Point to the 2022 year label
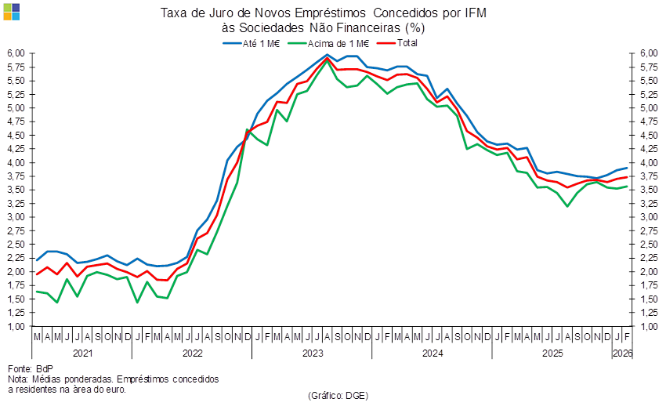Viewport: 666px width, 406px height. pyautogui.click(x=192, y=353)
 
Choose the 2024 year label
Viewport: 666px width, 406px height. pyautogui.click(x=433, y=353)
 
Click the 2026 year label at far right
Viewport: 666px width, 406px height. pyautogui.click(x=622, y=353)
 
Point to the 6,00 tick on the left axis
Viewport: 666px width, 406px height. pyautogui.click(x=16, y=53)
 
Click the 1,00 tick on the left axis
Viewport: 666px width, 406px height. pyautogui.click(x=16, y=326)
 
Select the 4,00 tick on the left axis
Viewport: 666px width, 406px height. pyautogui.click(x=16, y=162)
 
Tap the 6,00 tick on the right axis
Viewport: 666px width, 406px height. pyautogui.click(x=647, y=53)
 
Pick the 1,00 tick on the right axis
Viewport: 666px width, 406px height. pyautogui.click(x=647, y=326)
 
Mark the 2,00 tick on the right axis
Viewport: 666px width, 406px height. pyautogui.click(x=647, y=271)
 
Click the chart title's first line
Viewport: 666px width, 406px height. pyautogui.click(x=323, y=13)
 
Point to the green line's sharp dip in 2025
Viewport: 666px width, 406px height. pyautogui.click(x=567, y=206)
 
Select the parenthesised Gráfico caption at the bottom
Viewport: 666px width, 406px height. pyautogui.click(x=338, y=395)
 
